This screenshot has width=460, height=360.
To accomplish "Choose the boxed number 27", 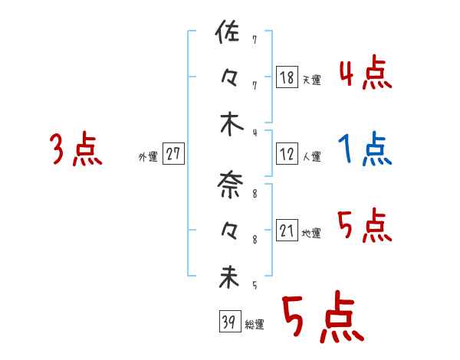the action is tap(173, 154).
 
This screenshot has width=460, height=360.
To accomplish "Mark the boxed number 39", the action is tap(227, 322).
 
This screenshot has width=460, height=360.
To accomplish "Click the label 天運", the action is tap(311, 80).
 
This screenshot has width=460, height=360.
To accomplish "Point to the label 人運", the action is tap(311, 156).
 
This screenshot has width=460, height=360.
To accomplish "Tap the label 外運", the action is tap(147, 156).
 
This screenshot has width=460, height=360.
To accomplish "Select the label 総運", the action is tap(254, 324).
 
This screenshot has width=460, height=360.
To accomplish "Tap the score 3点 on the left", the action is tap(76, 149).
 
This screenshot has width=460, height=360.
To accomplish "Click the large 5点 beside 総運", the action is tap(322, 319).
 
